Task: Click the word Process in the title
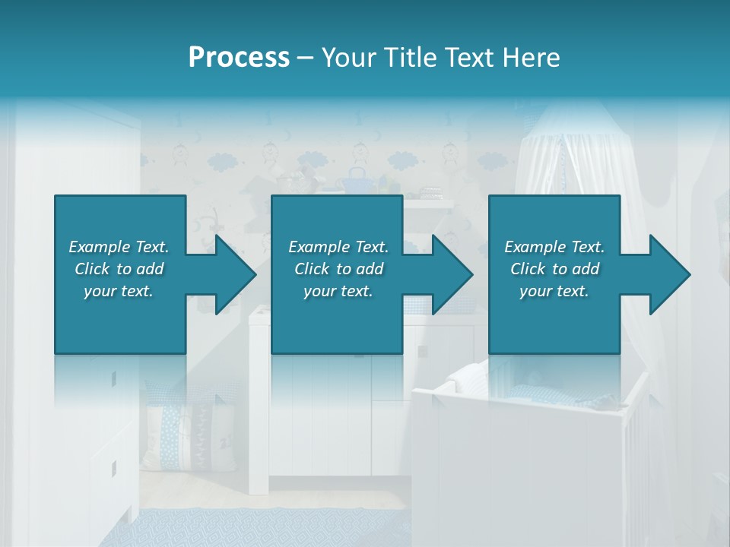[x=239, y=57]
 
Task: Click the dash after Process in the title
[x=306, y=58]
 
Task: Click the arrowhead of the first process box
[x=233, y=274]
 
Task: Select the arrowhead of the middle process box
[x=449, y=274]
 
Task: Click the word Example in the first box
[x=100, y=247]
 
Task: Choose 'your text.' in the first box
[x=119, y=291]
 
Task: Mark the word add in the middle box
[x=370, y=269]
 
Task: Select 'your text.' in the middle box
[x=338, y=291]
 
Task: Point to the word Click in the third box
[x=528, y=269]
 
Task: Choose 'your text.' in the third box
[x=554, y=291]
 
